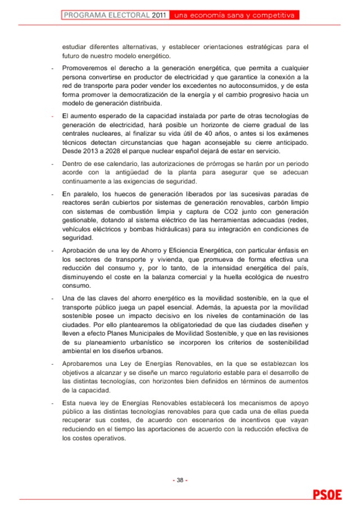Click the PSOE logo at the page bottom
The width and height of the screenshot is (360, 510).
[327, 495]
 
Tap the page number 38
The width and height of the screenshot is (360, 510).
[180, 480]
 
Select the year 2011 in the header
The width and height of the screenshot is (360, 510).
[159, 15]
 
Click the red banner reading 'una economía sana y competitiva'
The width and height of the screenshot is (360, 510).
[235, 15]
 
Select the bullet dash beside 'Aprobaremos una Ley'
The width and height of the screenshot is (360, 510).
[52, 363]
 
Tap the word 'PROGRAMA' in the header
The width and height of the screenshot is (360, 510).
[83, 15]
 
